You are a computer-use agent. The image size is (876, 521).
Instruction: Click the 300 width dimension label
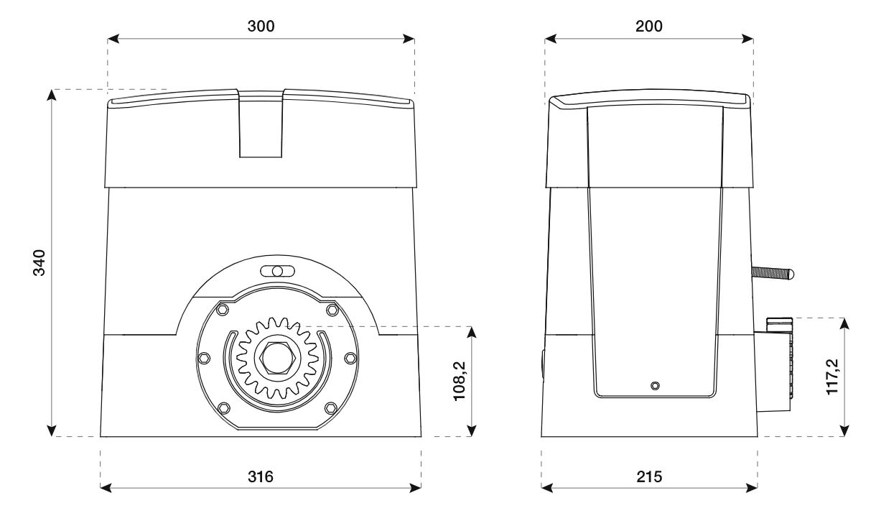click(x=261, y=26)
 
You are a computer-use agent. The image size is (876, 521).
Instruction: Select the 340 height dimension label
click(x=39, y=262)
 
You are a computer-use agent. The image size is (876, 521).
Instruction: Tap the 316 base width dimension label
click(x=261, y=476)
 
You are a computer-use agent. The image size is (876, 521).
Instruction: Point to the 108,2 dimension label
click(x=460, y=381)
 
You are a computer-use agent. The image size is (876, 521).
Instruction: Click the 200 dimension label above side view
click(x=649, y=26)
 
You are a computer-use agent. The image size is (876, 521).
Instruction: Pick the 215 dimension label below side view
click(x=649, y=476)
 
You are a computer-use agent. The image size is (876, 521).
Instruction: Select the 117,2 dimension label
click(x=832, y=377)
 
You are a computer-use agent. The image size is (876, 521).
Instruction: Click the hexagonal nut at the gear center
click(x=277, y=358)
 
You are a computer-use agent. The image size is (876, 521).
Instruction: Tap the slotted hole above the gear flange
click(x=277, y=271)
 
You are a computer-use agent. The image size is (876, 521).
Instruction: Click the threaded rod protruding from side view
click(x=772, y=273)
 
